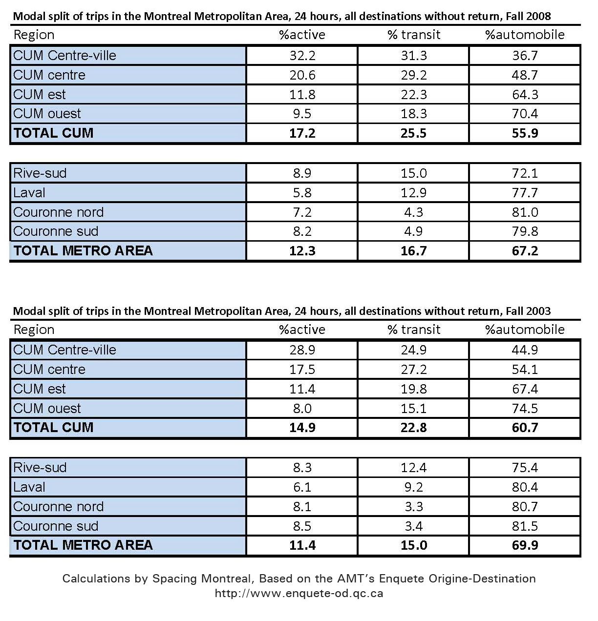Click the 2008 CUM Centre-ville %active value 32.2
(x=302, y=56)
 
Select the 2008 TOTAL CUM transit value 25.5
(x=413, y=133)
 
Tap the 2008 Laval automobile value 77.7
(x=525, y=193)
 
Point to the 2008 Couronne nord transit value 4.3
(x=413, y=212)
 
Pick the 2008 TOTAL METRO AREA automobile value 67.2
(x=525, y=251)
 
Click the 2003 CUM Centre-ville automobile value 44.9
(x=525, y=350)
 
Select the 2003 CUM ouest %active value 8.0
(x=302, y=409)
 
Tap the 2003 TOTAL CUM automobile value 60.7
(x=525, y=428)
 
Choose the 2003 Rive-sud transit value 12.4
(x=413, y=468)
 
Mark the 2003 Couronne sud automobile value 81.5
(x=525, y=526)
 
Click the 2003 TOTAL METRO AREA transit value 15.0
(x=413, y=545)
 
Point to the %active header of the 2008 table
(x=302, y=35)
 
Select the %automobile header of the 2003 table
(x=525, y=330)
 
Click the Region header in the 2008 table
(x=34, y=35)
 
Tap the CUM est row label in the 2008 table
(x=39, y=94)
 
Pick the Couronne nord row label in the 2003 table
(x=58, y=507)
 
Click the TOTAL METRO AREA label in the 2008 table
(x=83, y=251)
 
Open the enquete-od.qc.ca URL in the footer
(x=299, y=594)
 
